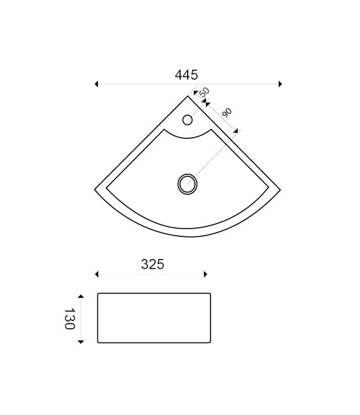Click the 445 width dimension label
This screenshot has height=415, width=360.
[x=188, y=75]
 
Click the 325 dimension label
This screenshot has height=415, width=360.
[x=152, y=264]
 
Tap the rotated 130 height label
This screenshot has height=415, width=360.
[x=69, y=319]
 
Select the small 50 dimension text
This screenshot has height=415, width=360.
[x=204, y=92]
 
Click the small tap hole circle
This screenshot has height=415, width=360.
[x=188, y=119]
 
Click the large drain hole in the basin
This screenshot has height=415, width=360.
[x=187, y=184]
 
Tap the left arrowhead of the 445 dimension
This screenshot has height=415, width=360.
[x=97, y=84]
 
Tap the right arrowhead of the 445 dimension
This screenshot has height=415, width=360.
[x=280, y=84]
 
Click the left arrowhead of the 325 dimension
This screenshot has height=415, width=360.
[x=97, y=274]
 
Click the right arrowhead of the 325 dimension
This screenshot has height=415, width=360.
[x=205, y=274]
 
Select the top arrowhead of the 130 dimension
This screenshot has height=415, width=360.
[x=81, y=296]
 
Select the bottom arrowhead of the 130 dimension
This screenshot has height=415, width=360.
[x=81, y=342]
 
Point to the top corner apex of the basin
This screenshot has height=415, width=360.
[x=188, y=96]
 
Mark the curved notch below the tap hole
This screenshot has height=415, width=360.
[x=188, y=137]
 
